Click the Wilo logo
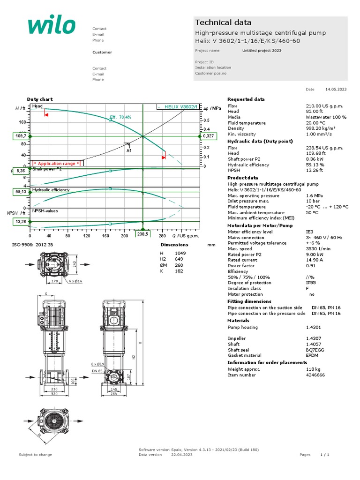tap(51, 26)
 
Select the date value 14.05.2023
tap(336, 89)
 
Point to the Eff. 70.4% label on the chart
tap(120, 117)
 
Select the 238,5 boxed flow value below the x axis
tap(142, 234)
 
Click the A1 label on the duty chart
tap(129, 151)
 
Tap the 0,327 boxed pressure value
tap(208, 136)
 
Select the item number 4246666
tap(315, 375)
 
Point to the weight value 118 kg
tap(313, 369)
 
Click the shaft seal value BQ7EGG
tap(315, 350)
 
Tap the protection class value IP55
tap(311, 283)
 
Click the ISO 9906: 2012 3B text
tap(35, 245)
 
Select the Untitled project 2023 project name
tap(262, 51)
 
